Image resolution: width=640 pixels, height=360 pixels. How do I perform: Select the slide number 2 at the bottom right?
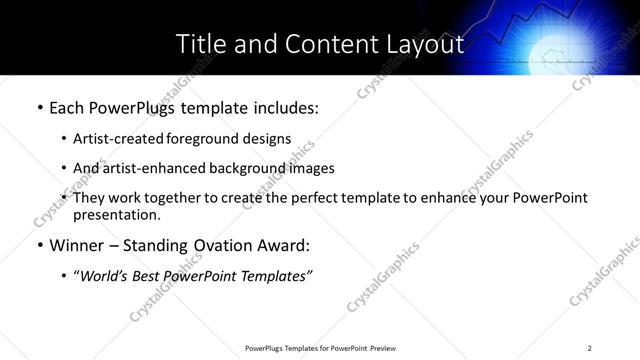pos(590,347)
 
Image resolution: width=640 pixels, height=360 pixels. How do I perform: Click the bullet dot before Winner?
pos(39,245)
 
